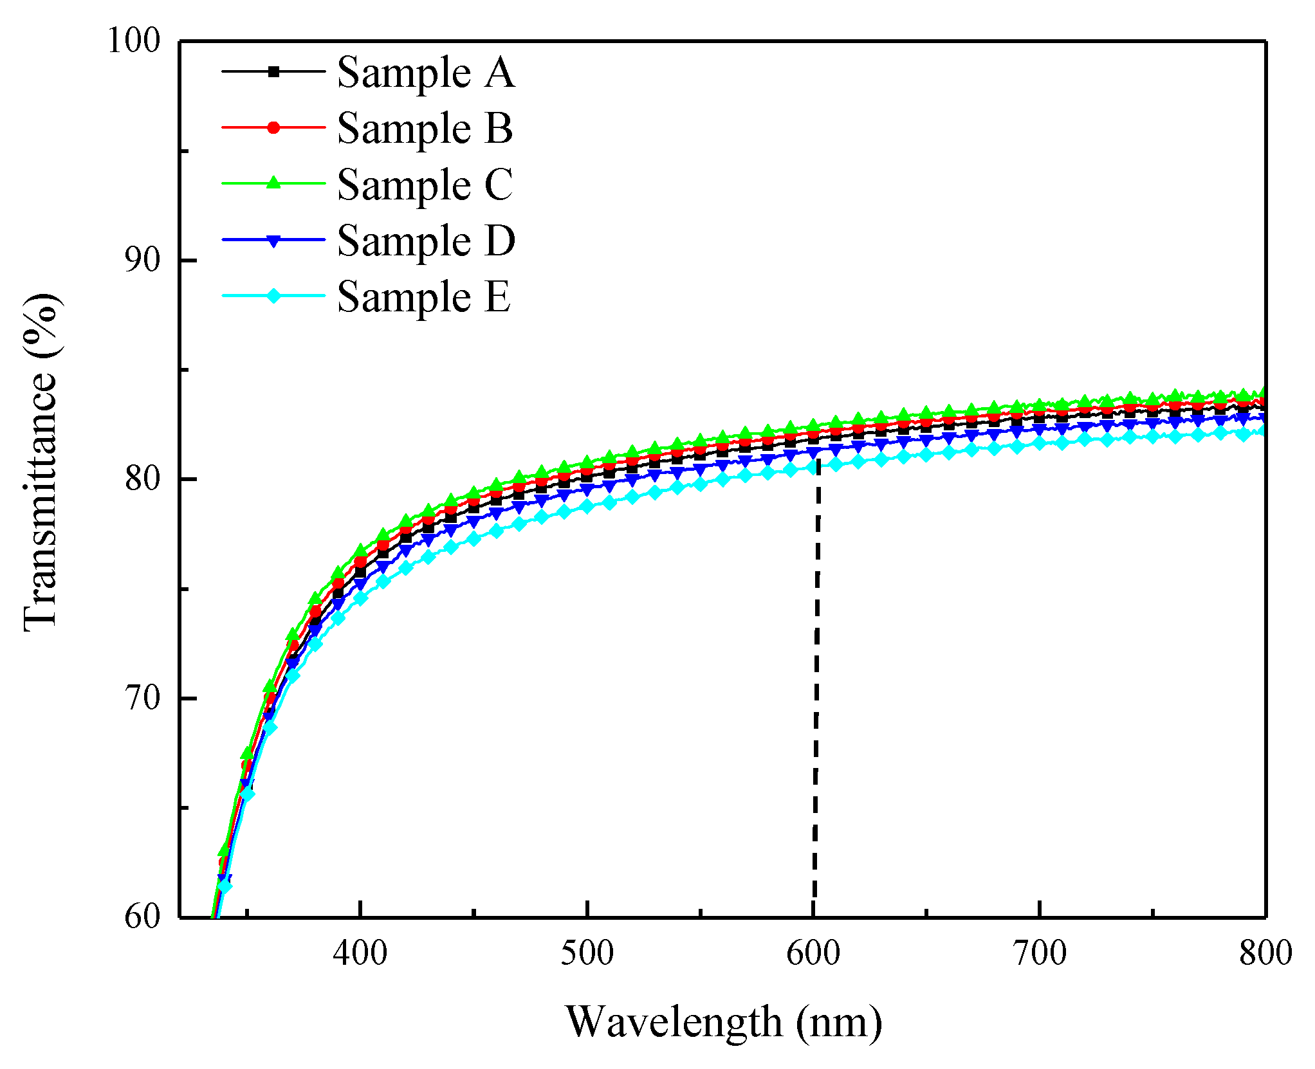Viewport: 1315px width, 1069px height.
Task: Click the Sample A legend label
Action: pyautogui.click(x=425, y=72)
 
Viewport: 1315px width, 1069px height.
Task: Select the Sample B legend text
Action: pyautogui.click(x=425, y=128)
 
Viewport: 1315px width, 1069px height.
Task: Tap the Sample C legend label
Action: pyautogui.click(x=425, y=185)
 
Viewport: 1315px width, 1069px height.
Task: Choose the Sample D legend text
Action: pyautogui.click(x=426, y=241)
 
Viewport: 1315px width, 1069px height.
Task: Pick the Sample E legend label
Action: pyautogui.click(x=423, y=297)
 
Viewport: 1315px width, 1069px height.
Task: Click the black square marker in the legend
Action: pyautogui.click(x=273, y=71)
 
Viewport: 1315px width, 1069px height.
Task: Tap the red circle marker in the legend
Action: pyautogui.click(x=273, y=127)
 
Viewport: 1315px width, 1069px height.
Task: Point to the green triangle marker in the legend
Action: pyautogui.click(x=273, y=183)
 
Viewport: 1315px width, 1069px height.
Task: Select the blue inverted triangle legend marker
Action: pyautogui.click(x=273, y=241)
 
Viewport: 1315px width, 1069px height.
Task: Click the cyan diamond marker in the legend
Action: pyautogui.click(x=273, y=296)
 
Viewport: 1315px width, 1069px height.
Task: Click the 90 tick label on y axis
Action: pyautogui.click(x=142, y=260)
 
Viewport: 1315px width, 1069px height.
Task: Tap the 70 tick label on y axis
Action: pyautogui.click(x=142, y=698)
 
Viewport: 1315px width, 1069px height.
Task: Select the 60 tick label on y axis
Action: pyautogui.click(x=142, y=916)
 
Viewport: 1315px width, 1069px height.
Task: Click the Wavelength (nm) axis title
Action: pyautogui.click(x=723, y=1021)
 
